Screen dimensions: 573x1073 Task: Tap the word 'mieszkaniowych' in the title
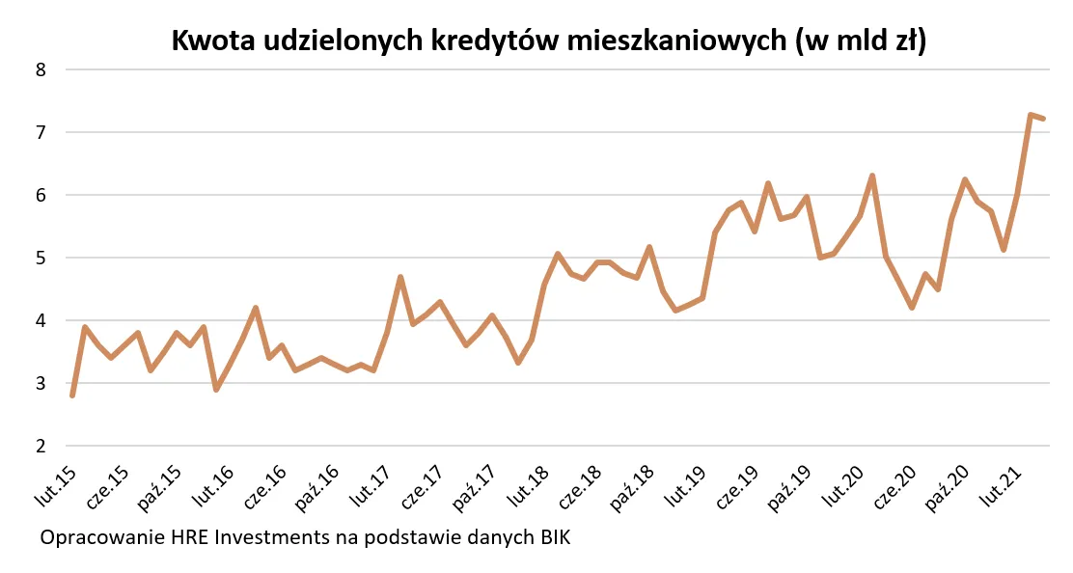(x=677, y=41)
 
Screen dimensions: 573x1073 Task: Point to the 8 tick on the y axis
(x=41, y=69)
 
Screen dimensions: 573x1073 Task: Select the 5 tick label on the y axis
(x=41, y=258)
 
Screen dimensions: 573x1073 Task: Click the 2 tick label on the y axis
(x=41, y=446)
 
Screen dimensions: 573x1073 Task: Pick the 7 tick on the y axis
(x=41, y=132)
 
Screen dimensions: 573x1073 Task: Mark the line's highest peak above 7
(x=1030, y=115)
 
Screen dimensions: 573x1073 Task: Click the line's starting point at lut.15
(x=72, y=396)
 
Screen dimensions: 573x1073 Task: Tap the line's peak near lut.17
(x=399, y=277)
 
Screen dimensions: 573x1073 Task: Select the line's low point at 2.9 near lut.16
(x=216, y=390)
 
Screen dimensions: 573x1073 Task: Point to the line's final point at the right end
(x=1043, y=119)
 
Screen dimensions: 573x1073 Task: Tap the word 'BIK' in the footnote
(x=550, y=537)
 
